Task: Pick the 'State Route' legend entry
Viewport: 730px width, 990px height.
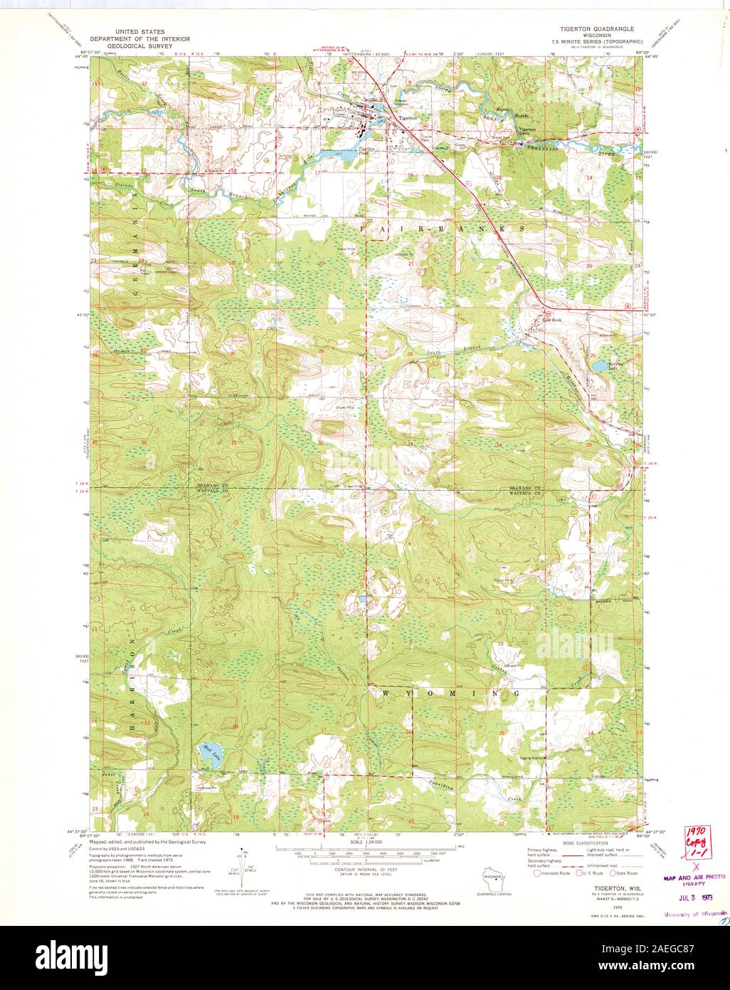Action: pos(624,872)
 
